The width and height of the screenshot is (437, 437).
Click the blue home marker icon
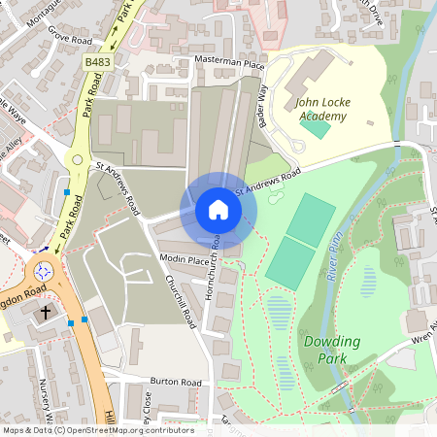click(x=218, y=210)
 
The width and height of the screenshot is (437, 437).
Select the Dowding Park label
click(x=331, y=350)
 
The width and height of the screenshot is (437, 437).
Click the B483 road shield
click(x=96, y=62)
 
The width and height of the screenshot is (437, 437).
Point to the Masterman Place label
click(x=230, y=63)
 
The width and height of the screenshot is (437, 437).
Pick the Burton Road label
click(x=175, y=383)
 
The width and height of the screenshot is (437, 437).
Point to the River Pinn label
click(x=336, y=263)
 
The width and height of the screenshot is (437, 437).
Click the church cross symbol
click(x=46, y=314)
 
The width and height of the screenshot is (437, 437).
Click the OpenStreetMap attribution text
click(x=97, y=430)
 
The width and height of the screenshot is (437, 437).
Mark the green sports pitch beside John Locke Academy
click(x=315, y=126)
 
